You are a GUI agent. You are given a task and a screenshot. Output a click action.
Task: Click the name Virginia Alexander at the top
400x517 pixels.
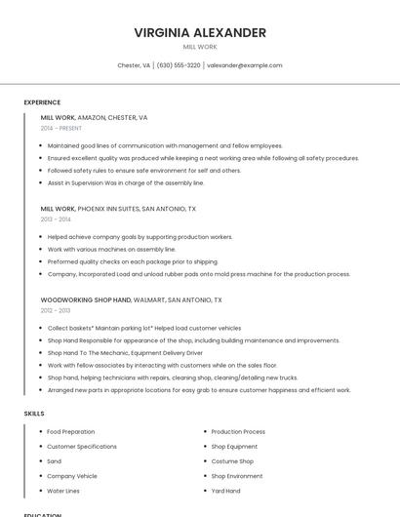click(x=200, y=32)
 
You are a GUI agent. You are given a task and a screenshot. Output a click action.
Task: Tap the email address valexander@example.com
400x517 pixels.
click(x=245, y=65)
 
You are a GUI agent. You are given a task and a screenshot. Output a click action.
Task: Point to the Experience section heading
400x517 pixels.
click(x=42, y=101)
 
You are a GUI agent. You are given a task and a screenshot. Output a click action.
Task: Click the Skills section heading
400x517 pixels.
click(x=34, y=414)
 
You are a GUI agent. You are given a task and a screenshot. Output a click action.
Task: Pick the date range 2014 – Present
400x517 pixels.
click(x=60, y=128)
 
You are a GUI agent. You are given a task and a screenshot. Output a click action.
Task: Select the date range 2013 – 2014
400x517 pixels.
click(x=56, y=219)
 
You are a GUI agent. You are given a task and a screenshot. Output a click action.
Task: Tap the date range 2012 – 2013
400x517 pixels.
click(x=56, y=310)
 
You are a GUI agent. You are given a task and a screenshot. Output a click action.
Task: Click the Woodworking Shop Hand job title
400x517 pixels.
click(x=86, y=299)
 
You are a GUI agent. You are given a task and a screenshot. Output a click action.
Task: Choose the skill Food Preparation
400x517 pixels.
click(x=70, y=431)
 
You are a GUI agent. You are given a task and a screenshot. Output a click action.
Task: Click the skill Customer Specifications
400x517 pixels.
click(x=82, y=446)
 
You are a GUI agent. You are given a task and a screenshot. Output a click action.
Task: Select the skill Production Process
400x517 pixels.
click(x=238, y=431)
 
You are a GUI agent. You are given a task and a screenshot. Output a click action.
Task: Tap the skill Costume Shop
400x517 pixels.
click(x=232, y=461)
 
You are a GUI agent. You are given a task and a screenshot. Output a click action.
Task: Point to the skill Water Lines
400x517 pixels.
click(x=63, y=491)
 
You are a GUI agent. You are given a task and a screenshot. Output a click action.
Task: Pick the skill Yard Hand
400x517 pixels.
click(x=225, y=491)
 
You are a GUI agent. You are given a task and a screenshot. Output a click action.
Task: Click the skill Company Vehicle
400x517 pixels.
click(x=72, y=476)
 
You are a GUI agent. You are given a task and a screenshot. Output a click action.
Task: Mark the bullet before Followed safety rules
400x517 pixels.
click(x=40, y=170)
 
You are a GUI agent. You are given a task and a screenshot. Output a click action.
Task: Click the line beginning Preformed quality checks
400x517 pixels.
click(x=132, y=261)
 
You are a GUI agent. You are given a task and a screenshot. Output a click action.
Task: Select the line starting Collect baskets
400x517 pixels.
click(x=143, y=328)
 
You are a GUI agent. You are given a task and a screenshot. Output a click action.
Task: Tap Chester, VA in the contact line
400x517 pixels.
click(x=134, y=65)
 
